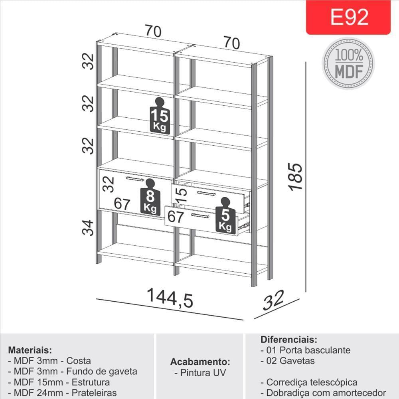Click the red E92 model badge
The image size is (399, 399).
(348, 17)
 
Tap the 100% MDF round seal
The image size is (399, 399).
(348, 63)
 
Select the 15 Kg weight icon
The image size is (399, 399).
(160, 116)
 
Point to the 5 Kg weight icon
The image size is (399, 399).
(225, 215)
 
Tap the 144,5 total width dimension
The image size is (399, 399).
(170, 298)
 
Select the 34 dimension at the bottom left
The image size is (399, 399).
(88, 228)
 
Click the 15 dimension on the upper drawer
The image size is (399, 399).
(181, 196)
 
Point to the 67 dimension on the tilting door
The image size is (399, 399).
(122, 203)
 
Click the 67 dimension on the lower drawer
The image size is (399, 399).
(176, 217)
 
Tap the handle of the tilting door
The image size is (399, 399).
(135, 179)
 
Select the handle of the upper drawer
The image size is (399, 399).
(206, 194)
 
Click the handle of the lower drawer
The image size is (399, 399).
(200, 216)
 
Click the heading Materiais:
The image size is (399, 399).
(30, 350)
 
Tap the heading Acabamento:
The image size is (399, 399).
(200, 361)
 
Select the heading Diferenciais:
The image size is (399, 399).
(289, 340)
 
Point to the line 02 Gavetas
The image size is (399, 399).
(288, 361)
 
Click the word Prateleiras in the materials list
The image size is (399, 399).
(94, 393)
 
